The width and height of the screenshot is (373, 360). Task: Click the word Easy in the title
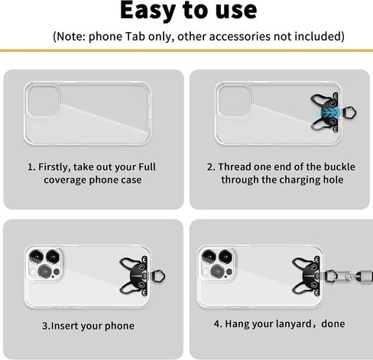click(148, 11)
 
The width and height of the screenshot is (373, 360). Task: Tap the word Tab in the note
click(135, 37)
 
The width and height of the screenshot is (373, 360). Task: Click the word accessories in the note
click(239, 37)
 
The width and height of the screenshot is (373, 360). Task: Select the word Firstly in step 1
click(54, 167)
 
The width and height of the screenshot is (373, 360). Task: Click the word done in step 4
click(333, 324)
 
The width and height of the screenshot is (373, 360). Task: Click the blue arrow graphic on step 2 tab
click(330, 112)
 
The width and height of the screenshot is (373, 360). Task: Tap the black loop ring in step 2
click(349, 112)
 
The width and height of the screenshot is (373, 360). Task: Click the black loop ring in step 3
click(158, 276)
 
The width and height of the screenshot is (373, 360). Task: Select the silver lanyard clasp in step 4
click(342, 276)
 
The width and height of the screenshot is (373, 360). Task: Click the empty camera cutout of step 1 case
click(44, 100)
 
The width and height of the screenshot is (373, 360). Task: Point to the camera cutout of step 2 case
click(235, 100)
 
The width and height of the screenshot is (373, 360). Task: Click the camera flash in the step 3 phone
click(33, 272)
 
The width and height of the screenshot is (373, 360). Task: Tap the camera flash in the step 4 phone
click(206, 272)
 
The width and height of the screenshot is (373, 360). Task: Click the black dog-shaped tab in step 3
click(136, 276)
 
